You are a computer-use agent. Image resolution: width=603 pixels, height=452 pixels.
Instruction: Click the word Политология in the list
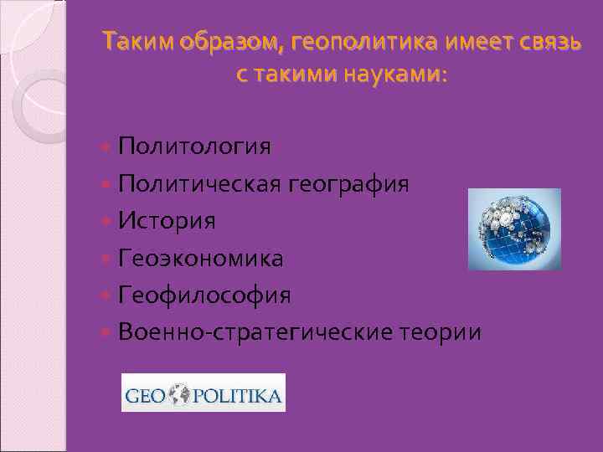tap(194, 147)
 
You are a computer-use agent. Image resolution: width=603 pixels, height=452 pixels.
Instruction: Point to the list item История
tap(167, 221)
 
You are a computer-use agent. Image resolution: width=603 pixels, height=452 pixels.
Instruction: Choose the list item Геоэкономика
tap(201, 258)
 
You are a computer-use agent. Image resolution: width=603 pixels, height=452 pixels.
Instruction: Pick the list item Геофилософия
tap(204, 295)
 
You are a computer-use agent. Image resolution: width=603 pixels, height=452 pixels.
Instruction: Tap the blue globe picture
tap(513, 229)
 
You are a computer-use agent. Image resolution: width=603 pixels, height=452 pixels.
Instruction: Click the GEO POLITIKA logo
tap(204, 393)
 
